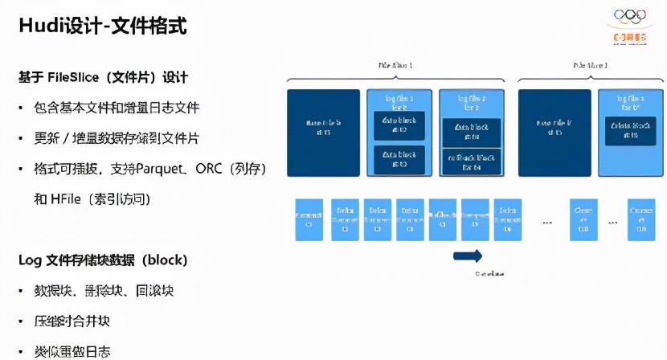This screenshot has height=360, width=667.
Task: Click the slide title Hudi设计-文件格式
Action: tap(103, 26)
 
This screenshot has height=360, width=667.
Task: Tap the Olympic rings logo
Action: tap(628, 16)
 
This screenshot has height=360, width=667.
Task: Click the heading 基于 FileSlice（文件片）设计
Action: tap(103, 77)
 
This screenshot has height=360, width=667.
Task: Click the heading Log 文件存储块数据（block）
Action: tap(103, 260)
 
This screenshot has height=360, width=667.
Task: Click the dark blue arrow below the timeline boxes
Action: tap(468, 256)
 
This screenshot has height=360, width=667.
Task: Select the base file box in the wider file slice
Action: tap(324, 132)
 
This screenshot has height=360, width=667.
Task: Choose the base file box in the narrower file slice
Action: tap(554, 132)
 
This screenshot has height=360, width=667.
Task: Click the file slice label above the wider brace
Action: tap(395, 63)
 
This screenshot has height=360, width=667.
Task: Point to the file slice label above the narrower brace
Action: tap(590, 63)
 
